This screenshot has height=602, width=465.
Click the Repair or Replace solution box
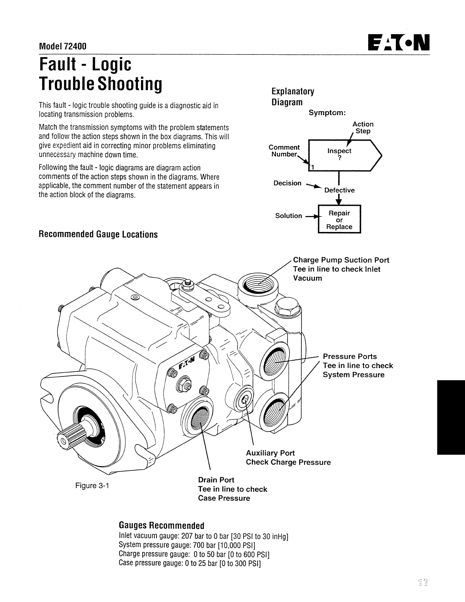339,219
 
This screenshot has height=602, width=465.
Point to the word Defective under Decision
339,190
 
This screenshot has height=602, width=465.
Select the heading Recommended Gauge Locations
98,234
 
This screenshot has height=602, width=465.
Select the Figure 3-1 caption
92,486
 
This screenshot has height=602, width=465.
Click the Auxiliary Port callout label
270,453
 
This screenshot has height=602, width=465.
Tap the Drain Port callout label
216,480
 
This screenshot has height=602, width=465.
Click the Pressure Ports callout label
350,356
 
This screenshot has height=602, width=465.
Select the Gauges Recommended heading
161,526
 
